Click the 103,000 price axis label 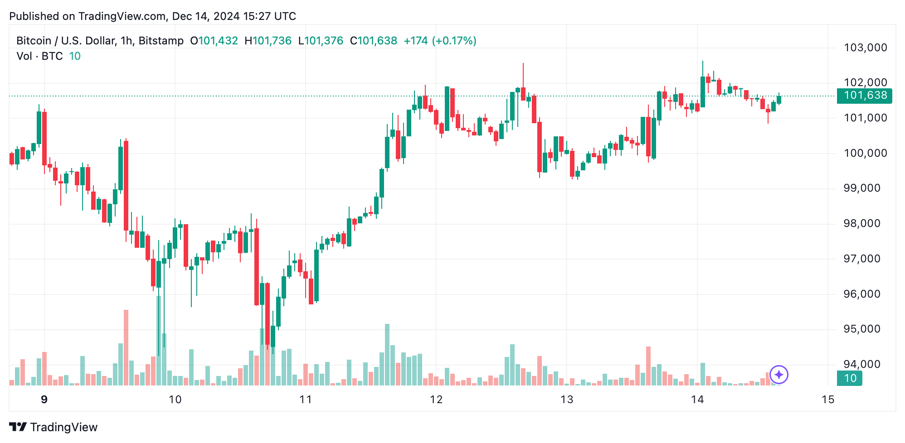[x=865, y=48]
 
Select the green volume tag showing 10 [x=849, y=378]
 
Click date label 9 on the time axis [x=44, y=400]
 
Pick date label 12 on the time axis [x=436, y=400]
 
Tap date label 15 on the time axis [x=827, y=400]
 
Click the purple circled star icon [x=779, y=375]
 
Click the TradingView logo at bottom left [x=53, y=427]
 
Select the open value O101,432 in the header [x=214, y=41]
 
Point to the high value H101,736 [x=268, y=41]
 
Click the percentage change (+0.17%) [x=454, y=41]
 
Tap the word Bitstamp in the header [x=161, y=41]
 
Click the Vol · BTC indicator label [x=39, y=56]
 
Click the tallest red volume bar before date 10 [x=126, y=347]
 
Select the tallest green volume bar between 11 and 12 [x=387, y=354]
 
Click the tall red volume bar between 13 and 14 [x=648, y=366]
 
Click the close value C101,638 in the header [x=374, y=41]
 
